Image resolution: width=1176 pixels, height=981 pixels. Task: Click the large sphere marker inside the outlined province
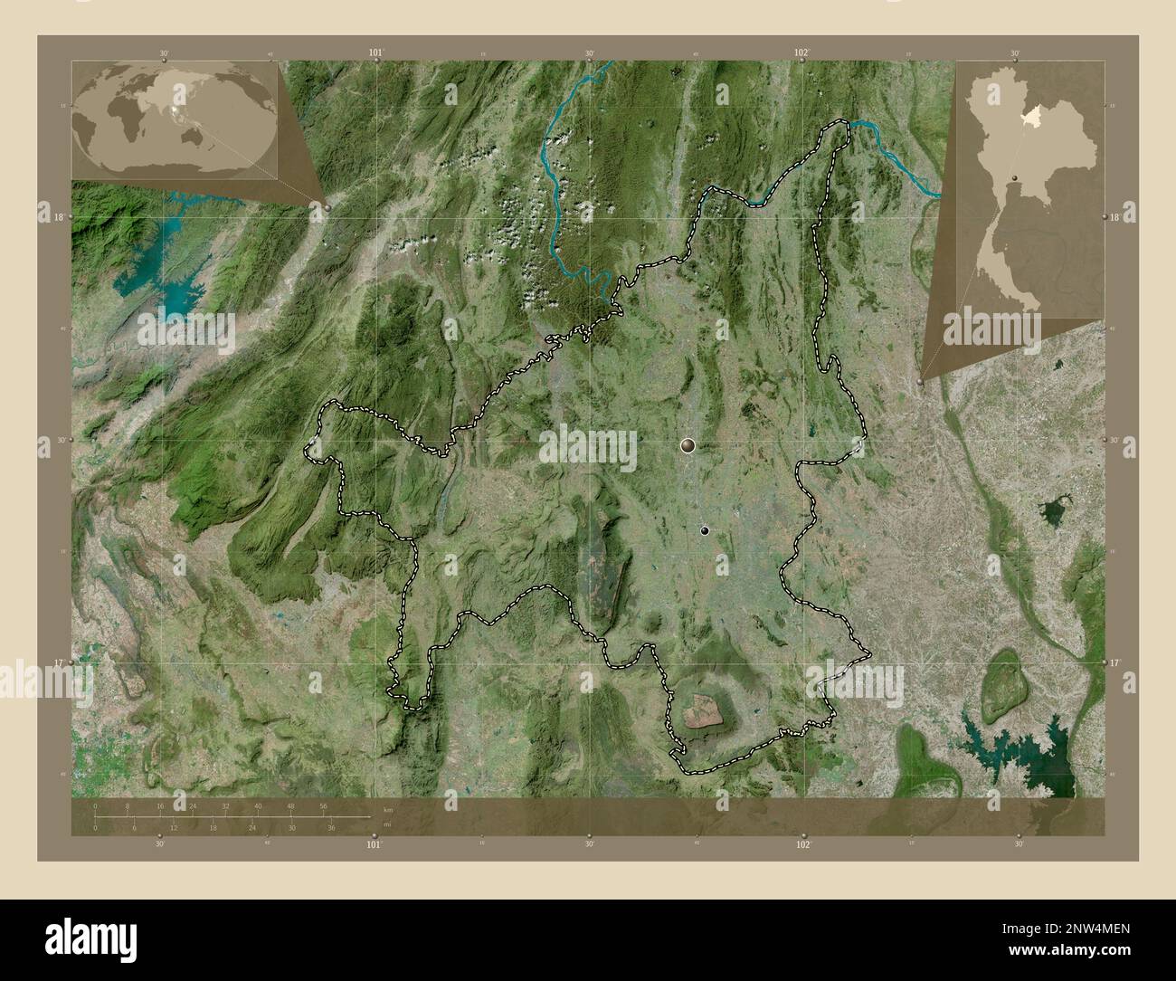click(689, 444)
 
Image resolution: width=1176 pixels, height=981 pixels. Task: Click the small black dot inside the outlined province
click(705, 530)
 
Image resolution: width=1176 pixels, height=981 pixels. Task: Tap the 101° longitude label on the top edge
click(376, 52)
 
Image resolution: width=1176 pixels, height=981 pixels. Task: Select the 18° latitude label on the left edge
click(59, 217)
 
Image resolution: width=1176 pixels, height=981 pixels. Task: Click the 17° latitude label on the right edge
click(1117, 663)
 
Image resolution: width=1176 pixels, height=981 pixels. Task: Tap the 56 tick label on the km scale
click(323, 805)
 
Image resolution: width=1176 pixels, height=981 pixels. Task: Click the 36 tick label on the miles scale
click(331, 827)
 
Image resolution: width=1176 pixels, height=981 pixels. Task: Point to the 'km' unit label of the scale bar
click(388, 809)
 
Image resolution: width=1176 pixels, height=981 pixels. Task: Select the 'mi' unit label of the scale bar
click(388, 824)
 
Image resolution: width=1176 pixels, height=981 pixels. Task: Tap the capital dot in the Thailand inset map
click(1016, 177)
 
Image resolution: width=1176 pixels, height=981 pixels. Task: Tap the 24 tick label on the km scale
click(193, 805)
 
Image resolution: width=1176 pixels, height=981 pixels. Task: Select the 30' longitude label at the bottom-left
click(160, 844)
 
